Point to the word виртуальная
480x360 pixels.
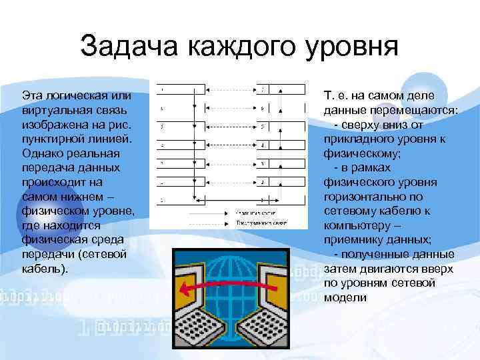(55, 110)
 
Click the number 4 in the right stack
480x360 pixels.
(262, 145)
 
